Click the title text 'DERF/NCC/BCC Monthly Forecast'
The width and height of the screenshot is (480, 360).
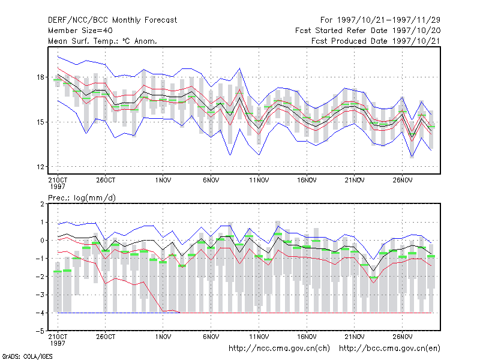coord(112,20)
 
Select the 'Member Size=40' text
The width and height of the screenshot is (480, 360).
coord(80,31)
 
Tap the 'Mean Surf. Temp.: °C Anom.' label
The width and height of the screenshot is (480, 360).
coord(103,41)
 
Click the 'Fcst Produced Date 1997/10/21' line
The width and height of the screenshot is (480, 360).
coord(376,41)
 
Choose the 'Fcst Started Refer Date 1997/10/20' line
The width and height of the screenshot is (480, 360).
coord(368,31)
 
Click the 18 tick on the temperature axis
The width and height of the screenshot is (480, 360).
coord(40,77)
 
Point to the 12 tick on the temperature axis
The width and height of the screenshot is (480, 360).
coord(40,167)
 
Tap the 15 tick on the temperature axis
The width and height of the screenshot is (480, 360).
coord(40,122)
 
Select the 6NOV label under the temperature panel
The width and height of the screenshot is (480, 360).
coord(211,181)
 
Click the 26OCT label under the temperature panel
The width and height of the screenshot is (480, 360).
coord(106,181)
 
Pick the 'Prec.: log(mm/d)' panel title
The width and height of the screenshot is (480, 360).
coord(82,198)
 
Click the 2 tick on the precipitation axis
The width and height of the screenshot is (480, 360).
coord(42,204)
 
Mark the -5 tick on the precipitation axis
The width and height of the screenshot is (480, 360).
coord(40,331)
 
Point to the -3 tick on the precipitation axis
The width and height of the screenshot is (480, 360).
coord(40,295)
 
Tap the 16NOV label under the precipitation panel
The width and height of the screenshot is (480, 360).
coord(307,337)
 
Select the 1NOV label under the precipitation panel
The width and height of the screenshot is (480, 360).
coord(163,337)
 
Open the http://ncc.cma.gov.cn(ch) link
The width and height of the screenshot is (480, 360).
coord(279,349)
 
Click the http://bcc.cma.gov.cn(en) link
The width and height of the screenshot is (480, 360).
coord(389,349)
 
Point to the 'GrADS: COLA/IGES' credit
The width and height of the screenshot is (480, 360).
coord(27,356)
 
